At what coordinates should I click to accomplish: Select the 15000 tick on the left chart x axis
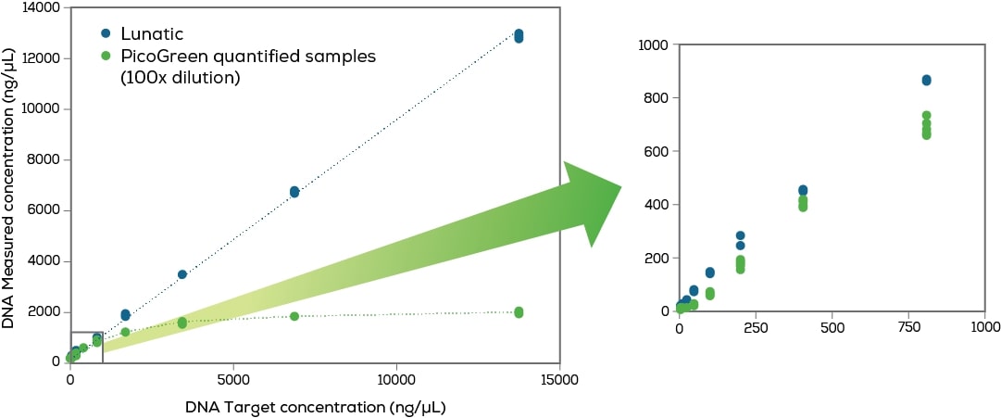pyautogui.click(x=558, y=379)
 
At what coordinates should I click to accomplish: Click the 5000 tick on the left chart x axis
pyautogui.click(x=233, y=379)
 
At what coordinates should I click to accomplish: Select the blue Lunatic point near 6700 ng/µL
pyautogui.click(x=294, y=192)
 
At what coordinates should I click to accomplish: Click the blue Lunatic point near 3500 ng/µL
pyautogui.click(x=182, y=274)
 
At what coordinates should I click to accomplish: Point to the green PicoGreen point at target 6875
pyautogui.click(x=294, y=316)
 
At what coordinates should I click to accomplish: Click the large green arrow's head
pyautogui.click(x=593, y=203)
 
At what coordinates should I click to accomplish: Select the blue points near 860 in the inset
pyautogui.click(x=900, y=80)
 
